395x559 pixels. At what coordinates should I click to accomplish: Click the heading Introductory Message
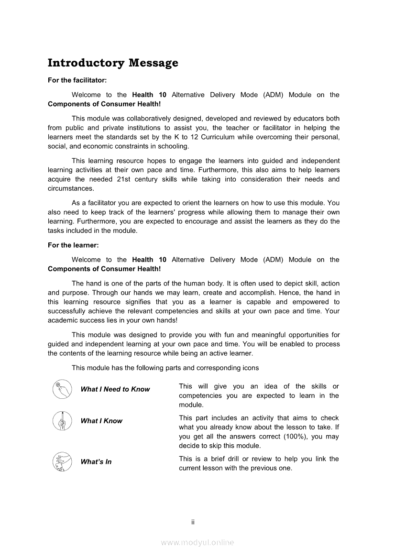pyautogui.click(x=113, y=63)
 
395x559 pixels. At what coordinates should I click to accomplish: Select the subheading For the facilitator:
pyautogui.click(x=77, y=80)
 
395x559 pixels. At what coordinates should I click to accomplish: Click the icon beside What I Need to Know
pyautogui.click(x=62, y=389)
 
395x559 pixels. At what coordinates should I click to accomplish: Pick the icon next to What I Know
pyautogui.click(x=62, y=421)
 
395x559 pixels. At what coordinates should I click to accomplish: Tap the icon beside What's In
pyautogui.click(x=62, y=462)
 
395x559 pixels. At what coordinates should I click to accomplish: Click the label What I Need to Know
pyautogui.click(x=115, y=389)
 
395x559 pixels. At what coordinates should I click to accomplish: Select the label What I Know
pyautogui.click(x=101, y=421)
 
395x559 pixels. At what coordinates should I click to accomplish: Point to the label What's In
pyautogui.click(x=96, y=462)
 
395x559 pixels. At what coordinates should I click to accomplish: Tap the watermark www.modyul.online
pyautogui.click(x=197, y=543)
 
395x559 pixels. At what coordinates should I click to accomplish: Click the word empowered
pyautogui.click(x=311, y=302)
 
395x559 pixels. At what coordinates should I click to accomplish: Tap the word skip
pyautogui.click(x=216, y=446)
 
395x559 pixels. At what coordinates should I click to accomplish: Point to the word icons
pyautogui.click(x=250, y=368)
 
